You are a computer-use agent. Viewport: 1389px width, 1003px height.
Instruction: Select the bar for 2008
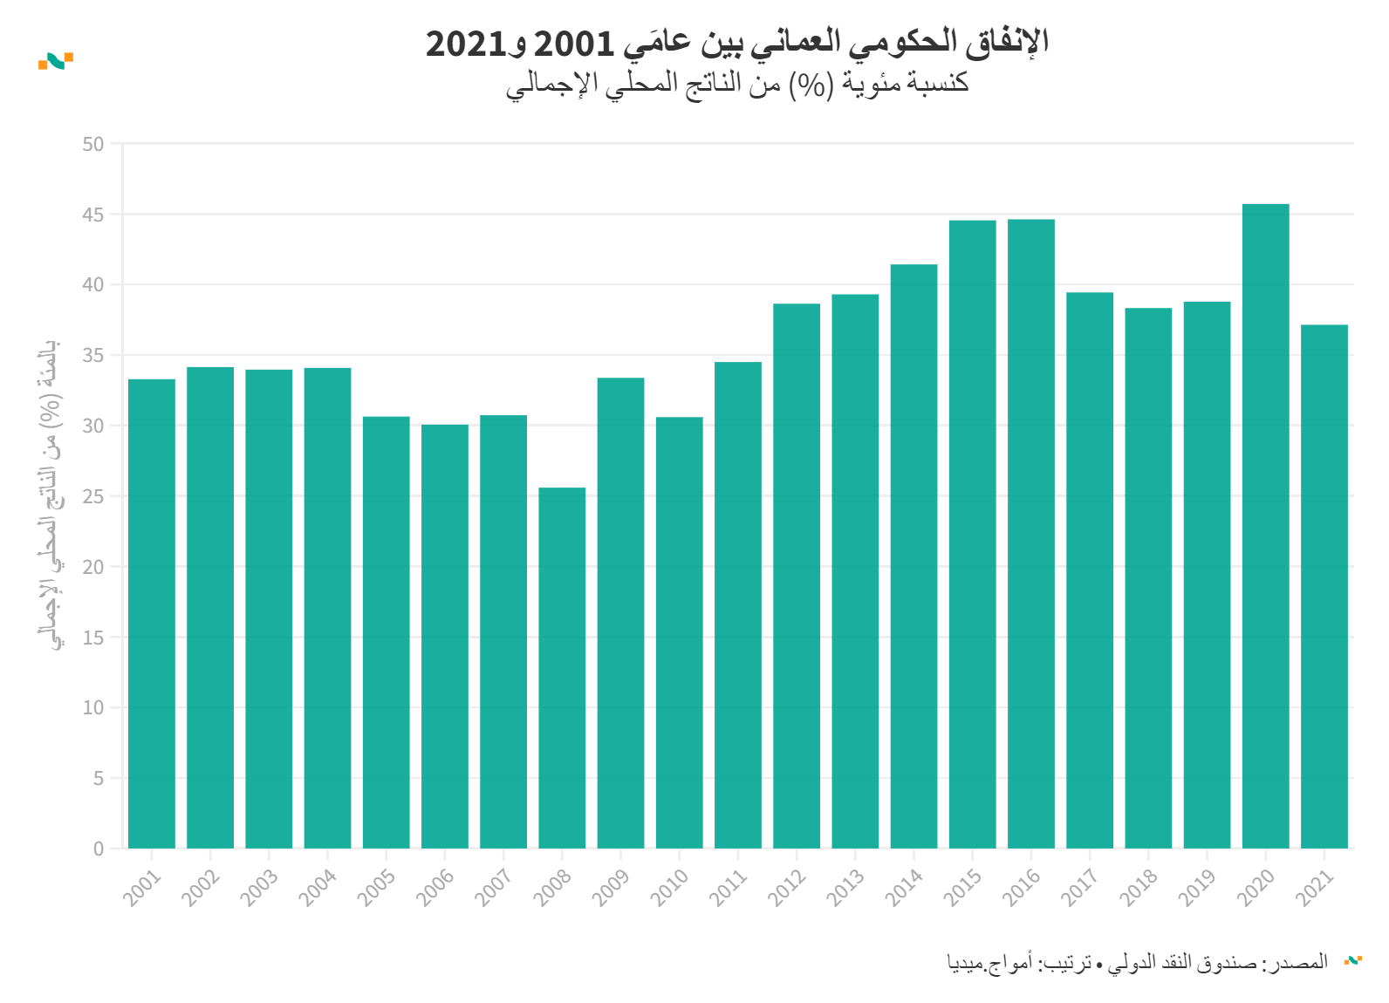[562, 668]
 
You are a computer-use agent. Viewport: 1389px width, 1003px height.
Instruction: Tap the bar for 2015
[972, 534]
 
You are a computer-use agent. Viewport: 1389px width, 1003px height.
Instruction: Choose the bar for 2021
[1324, 586]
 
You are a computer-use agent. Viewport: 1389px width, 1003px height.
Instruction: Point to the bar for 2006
[445, 636]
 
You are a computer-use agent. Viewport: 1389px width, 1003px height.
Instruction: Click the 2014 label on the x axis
[905, 887]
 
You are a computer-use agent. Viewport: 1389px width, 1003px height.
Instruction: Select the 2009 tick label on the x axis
[612, 887]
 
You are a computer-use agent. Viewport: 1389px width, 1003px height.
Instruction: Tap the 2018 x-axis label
[1139, 887]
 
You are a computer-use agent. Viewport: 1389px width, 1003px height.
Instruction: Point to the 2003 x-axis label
[260, 887]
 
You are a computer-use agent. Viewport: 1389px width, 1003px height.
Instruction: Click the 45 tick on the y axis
[93, 215]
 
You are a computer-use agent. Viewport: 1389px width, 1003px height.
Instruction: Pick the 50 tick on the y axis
[93, 144]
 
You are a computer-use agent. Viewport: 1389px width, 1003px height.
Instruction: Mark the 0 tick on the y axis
[99, 849]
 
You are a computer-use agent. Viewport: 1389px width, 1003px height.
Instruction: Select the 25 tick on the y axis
[93, 496]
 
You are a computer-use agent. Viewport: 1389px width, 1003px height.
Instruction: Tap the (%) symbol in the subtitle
[808, 84]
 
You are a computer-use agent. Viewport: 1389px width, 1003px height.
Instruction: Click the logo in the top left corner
[56, 61]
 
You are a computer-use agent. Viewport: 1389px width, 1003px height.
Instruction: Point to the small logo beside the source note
[1352, 960]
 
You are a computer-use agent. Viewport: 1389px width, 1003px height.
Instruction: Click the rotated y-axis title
[51, 495]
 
